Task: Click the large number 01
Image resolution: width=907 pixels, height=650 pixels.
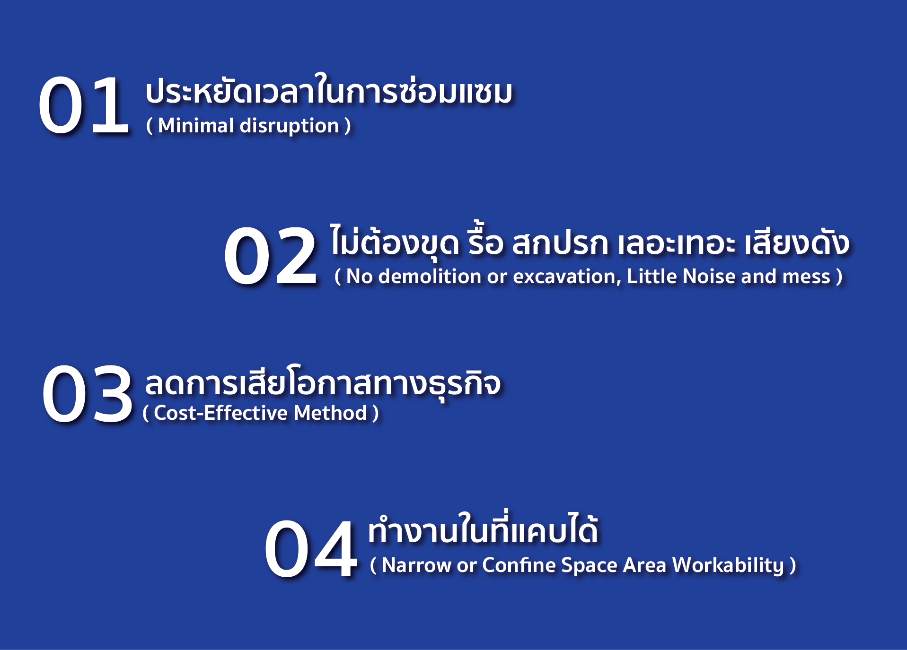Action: tap(83, 105)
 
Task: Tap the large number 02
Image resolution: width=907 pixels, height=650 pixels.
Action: tap(270, 256)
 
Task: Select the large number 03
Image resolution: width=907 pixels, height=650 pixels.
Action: tap(87, 394)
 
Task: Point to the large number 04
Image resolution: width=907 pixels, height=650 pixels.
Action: tap(310, 548)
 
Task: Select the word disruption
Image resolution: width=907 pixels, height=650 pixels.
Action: tap(290, 126)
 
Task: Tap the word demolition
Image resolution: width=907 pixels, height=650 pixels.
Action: tap(430, 277)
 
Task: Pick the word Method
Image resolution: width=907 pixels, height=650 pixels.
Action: tap(330, 413)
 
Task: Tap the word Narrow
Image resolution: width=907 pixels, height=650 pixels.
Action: tap(416, 565)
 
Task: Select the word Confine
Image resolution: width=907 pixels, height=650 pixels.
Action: tap(519, 565)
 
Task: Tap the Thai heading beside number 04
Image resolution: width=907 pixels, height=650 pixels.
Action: tap(483, 528)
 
